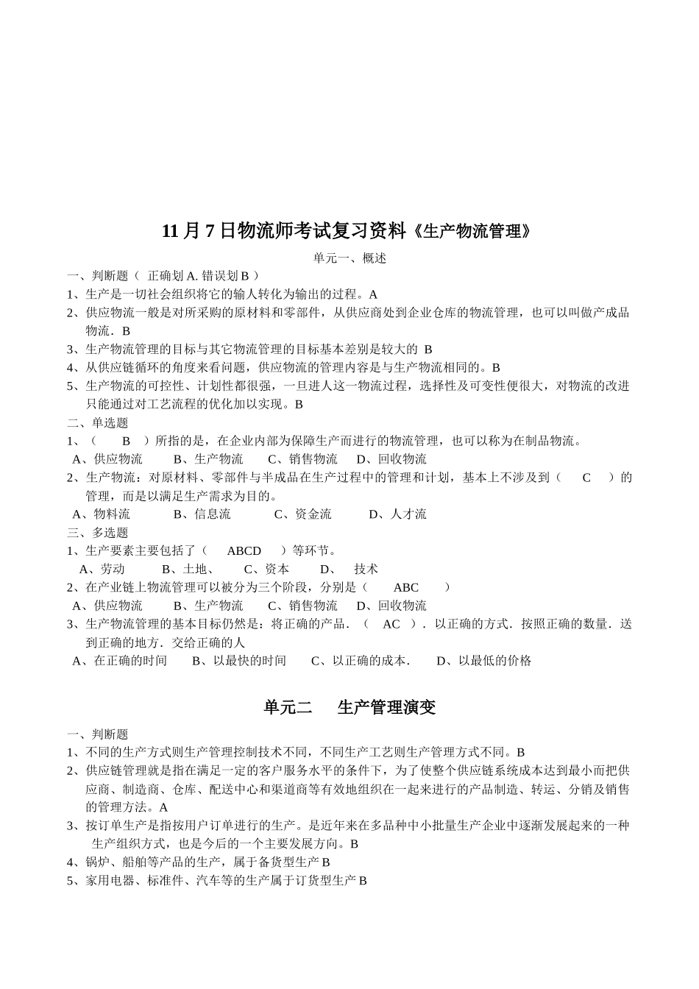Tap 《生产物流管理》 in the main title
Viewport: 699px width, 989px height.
point(469,231)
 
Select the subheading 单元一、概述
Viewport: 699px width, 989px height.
point(349,258)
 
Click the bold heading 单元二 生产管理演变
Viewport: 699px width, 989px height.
point(349,707)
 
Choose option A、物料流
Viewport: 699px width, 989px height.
point(102,514)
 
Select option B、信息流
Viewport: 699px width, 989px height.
point(202,514)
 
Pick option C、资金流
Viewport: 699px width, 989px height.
point(303,514)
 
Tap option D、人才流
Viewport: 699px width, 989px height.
point(398,514)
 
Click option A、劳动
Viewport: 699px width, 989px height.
point(102,569)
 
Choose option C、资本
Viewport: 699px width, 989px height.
point(266,569)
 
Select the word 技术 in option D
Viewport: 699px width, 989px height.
point(366,569)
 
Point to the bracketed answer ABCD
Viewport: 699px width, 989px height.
point(244,550)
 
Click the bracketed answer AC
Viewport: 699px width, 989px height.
point(391,624)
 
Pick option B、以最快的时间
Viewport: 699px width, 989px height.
point(239,661)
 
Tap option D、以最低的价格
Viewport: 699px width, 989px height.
point(484,661)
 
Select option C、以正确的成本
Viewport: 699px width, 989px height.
point(361,661)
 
